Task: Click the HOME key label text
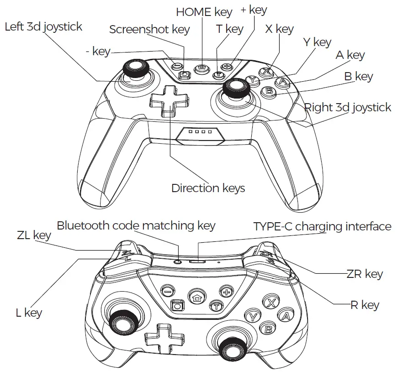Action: click(x=204, y=12)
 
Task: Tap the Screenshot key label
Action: click(x=149, y=30)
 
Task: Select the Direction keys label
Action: click(x=208, y=188)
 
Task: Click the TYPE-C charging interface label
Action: click(x=322, y=226)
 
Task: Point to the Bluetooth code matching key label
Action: click(x=136, y=225)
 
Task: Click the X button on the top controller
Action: click(x=267, y=71)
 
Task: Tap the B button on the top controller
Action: click(x=269, y=91)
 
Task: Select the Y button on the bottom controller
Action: click(x=253, y=315)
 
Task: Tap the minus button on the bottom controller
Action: click(x=168, y=290)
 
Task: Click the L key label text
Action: click(x=28, y=313)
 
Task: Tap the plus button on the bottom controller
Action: click(x=226, y=290)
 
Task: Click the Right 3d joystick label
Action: click(x=347, y=107)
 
